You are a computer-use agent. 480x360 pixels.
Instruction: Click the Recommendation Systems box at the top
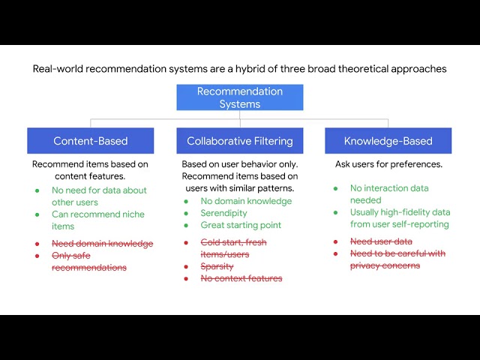coord(240,97)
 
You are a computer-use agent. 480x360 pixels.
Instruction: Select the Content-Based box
coord(90,141)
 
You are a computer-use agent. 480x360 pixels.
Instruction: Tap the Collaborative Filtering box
coord(240,141)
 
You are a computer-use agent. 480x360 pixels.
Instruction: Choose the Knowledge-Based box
coord(388,141)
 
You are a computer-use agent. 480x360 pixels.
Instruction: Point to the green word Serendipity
coord(223,213)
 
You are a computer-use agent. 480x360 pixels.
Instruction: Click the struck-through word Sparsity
coord(217,266)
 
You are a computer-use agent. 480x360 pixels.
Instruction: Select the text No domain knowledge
coord(246,201)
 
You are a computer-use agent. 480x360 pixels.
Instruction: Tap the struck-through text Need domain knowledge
coord(102,244)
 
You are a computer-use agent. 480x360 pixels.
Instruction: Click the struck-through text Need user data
coord(381,241)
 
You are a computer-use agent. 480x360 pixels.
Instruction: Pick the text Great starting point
coord(241,225)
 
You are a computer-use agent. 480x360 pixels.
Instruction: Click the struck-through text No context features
coord(241,278)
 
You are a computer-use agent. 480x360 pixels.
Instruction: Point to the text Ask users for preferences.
coord(388,164)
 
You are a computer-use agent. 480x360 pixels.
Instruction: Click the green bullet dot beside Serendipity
coord(186,213)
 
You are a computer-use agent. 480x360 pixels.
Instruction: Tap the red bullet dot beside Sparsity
coord(186,266)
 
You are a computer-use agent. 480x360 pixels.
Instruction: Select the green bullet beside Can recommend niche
coord(37,214)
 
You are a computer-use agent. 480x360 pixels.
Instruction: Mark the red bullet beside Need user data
coord(336,241)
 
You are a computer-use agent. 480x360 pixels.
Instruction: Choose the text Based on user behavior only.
coord(240,164)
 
